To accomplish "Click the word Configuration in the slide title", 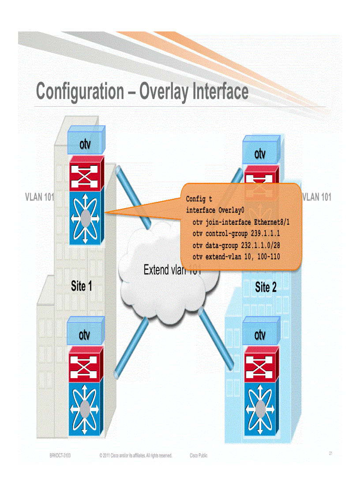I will [80, 92].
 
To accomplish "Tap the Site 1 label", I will [81, 287].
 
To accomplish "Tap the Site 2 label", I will [266, 288].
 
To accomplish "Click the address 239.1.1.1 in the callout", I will [265, 233].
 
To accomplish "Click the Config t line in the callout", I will [199, 199].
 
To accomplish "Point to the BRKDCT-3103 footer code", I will [60, 455].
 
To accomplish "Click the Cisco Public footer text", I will [198, 455].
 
